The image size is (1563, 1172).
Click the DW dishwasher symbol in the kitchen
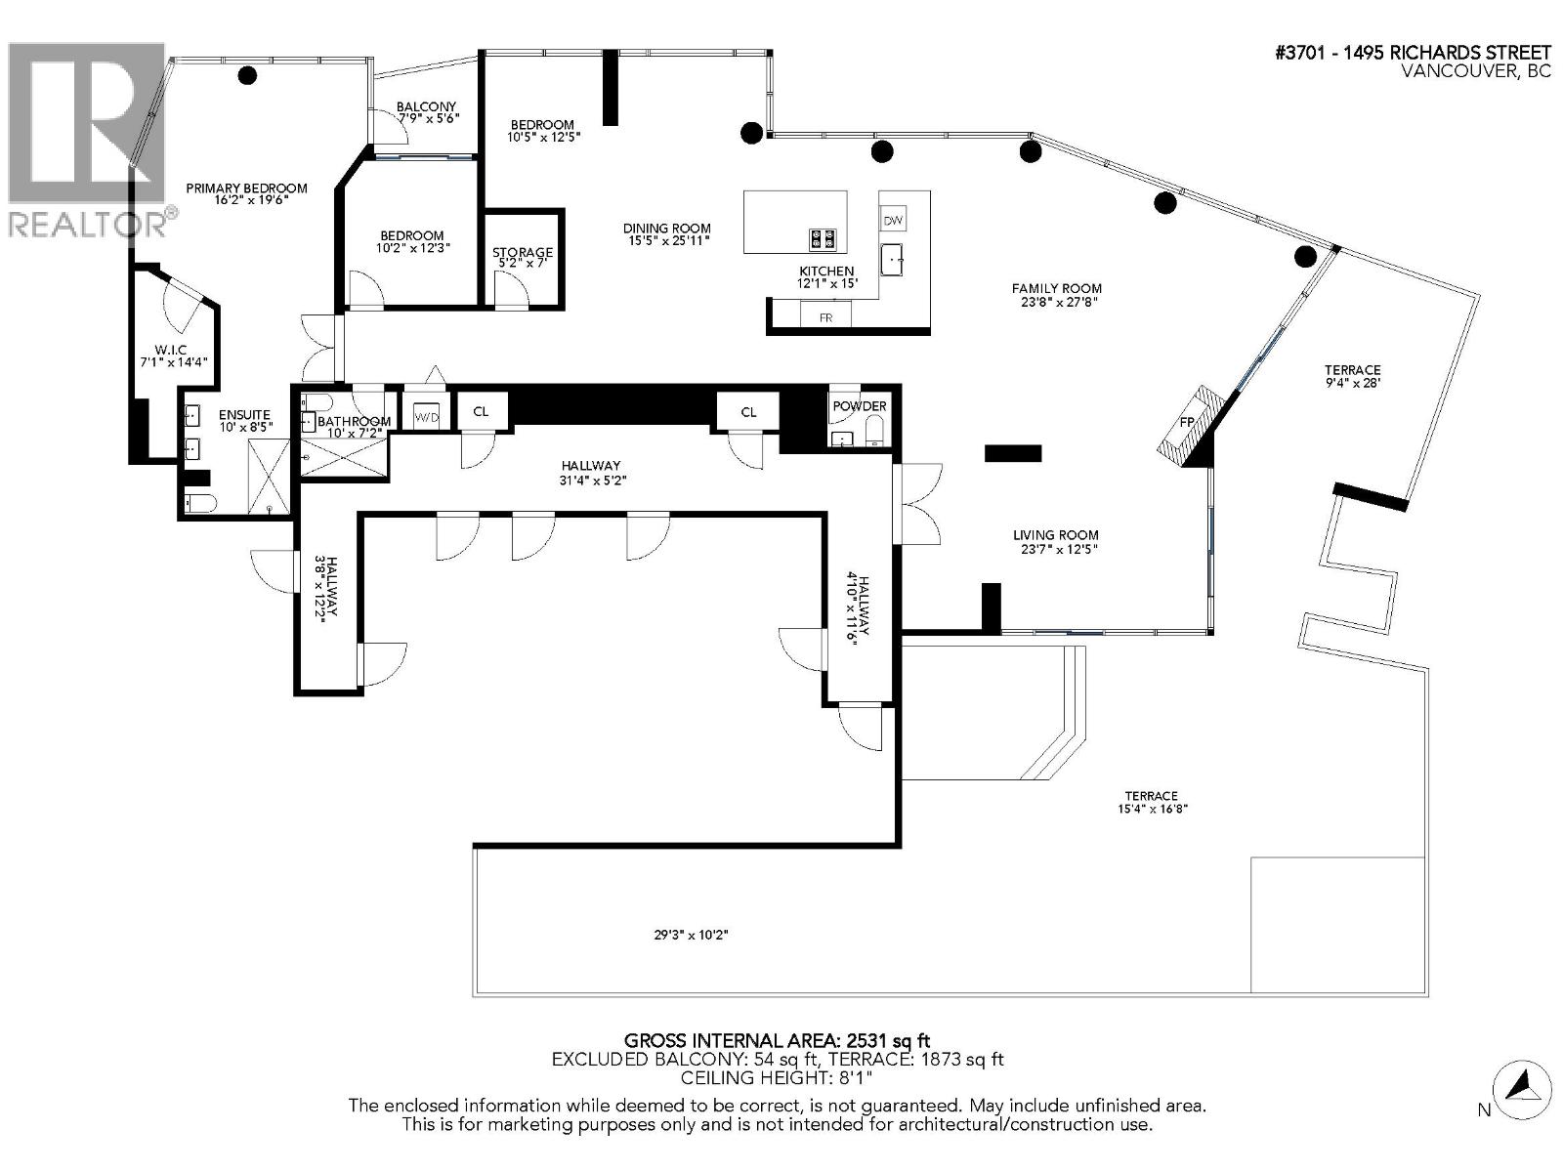pos(893,221)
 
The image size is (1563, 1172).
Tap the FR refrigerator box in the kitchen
pos(825,316)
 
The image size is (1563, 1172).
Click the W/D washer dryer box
pos(427,416)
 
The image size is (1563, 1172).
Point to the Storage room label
pos(523,253)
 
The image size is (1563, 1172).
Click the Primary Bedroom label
pos(247,188)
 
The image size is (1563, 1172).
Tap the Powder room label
pos(860,406)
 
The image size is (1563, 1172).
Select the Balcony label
pos(426,107)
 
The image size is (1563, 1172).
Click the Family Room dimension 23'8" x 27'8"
pos(1056,302)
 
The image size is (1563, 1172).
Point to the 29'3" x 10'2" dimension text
pos(692,935)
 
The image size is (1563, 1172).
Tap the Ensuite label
pos(243,415)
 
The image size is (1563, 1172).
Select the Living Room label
pos(1055,535)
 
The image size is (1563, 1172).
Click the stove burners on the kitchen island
pos(823,237)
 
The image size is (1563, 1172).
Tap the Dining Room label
pos(667,229)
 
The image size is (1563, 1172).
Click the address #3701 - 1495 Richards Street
pos(1413,53)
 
